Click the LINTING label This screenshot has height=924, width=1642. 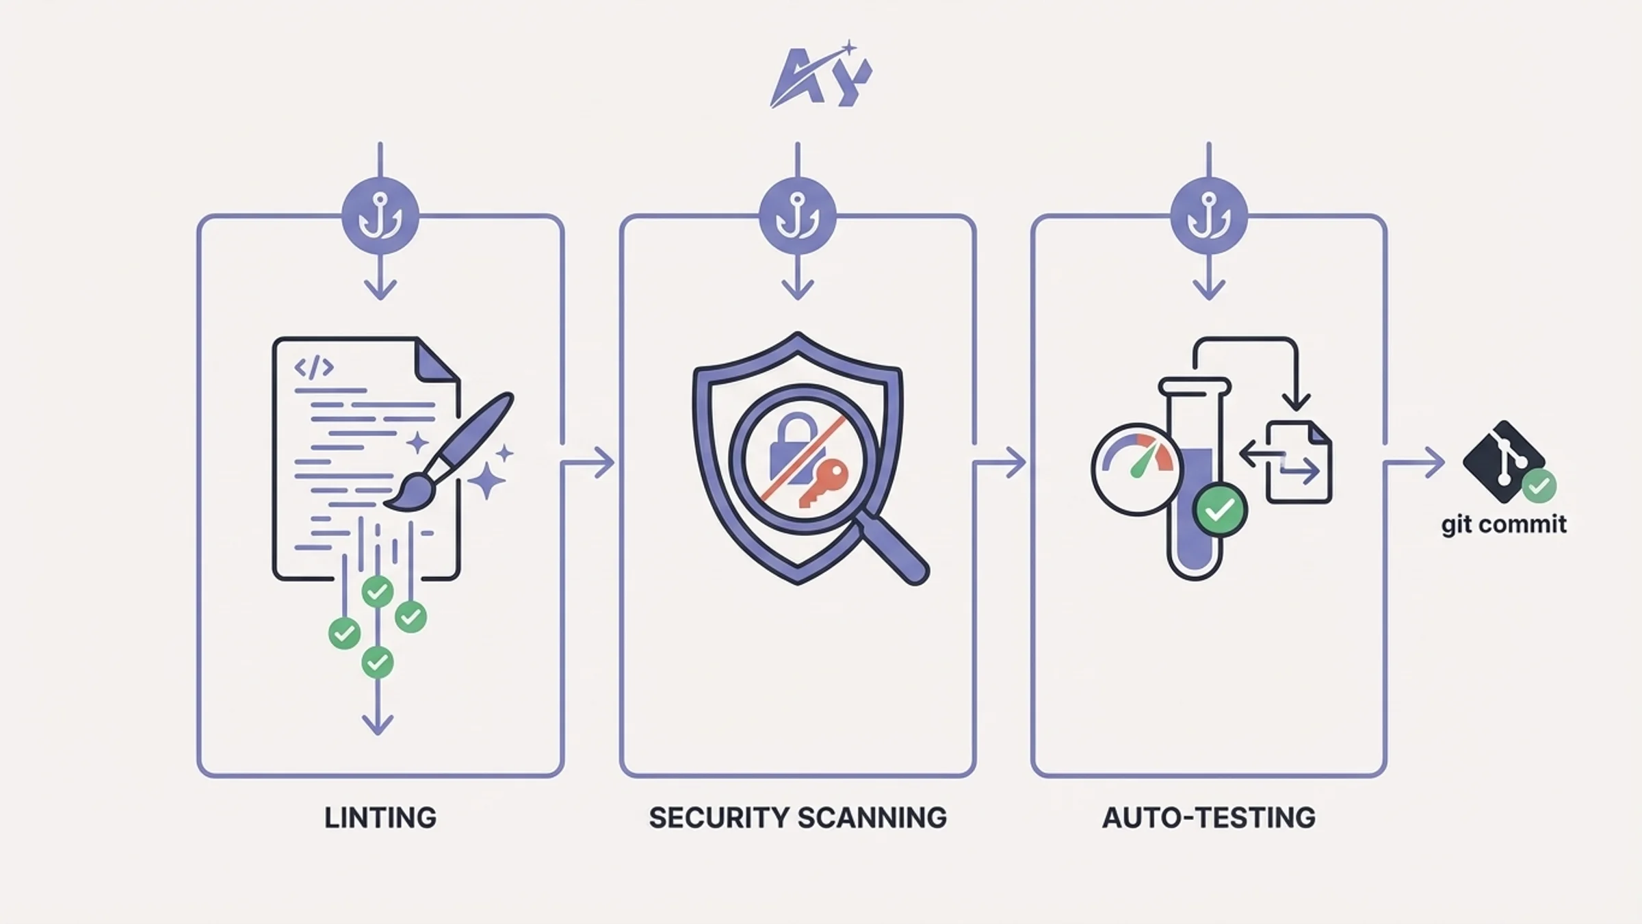380,818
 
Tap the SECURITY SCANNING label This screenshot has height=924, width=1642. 798,818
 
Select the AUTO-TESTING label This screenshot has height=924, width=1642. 1209,818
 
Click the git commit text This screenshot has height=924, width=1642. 1504,525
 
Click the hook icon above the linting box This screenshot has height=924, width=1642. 380,216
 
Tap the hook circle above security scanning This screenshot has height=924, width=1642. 798,216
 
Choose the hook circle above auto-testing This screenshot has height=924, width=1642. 1209,216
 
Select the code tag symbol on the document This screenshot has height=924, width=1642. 314,368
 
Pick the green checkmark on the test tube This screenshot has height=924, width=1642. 1220,510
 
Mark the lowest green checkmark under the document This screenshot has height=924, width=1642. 377,662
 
